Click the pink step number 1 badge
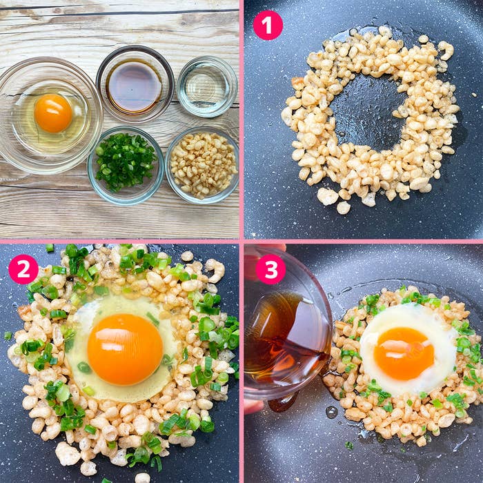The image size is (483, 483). tap(268, 26)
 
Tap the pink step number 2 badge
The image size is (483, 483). tap(23, 269)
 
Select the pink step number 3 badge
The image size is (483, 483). tap(270, 269)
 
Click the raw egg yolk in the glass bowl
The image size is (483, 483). tap(53, 113)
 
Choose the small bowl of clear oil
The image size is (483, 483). tap(206, 86)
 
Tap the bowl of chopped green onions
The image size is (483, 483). tap(126, 164)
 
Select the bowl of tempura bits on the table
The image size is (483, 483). tap(202, 164)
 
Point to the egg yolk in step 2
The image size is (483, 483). tap(124, 348)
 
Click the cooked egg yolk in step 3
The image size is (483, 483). tap(404, 353)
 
